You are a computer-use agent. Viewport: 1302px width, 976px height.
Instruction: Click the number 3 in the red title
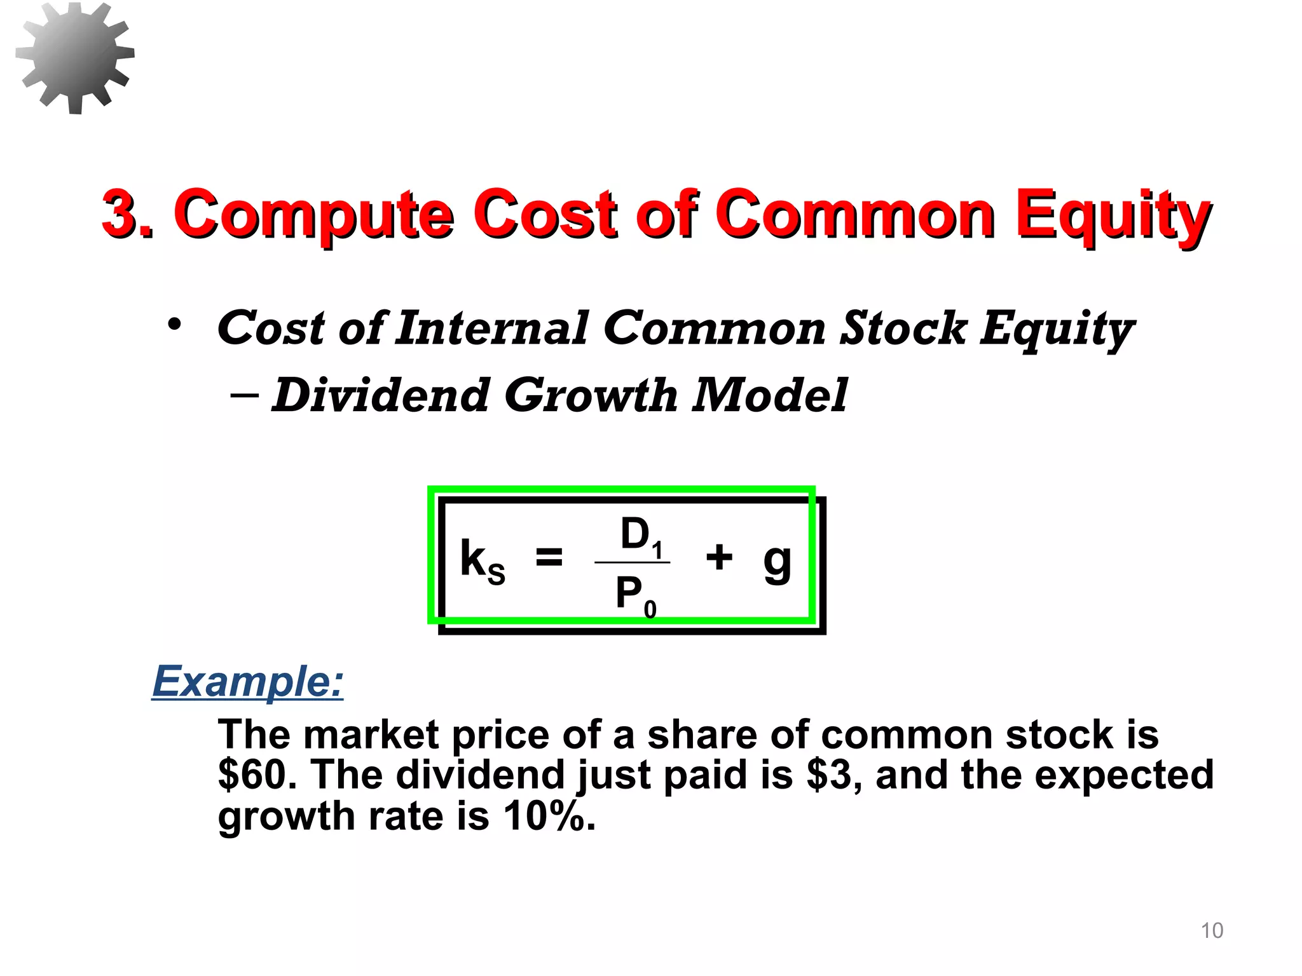pos(121,214)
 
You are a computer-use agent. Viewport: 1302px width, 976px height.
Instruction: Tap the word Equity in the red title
pos(1113,216)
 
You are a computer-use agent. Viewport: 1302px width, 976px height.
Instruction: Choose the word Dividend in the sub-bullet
pos(380,395)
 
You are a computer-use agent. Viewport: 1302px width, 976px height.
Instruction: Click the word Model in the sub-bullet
pos(769,395)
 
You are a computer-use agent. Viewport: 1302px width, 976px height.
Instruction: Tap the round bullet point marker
pos(174,325)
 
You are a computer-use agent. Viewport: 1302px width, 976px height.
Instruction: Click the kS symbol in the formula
pos(482,560)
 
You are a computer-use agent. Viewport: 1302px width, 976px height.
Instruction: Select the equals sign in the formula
pos(549,557)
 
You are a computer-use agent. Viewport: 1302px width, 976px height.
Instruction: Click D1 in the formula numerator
pos(641,536)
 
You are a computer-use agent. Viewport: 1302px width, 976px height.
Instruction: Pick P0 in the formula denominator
pos(634,596)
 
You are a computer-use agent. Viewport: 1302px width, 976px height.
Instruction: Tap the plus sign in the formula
pos(719,557)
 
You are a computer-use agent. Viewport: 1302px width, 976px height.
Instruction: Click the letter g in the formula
pos(777,562)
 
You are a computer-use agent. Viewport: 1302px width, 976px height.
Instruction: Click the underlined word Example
pos(248,681)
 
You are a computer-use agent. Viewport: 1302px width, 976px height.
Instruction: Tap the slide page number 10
pos(1212,930)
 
